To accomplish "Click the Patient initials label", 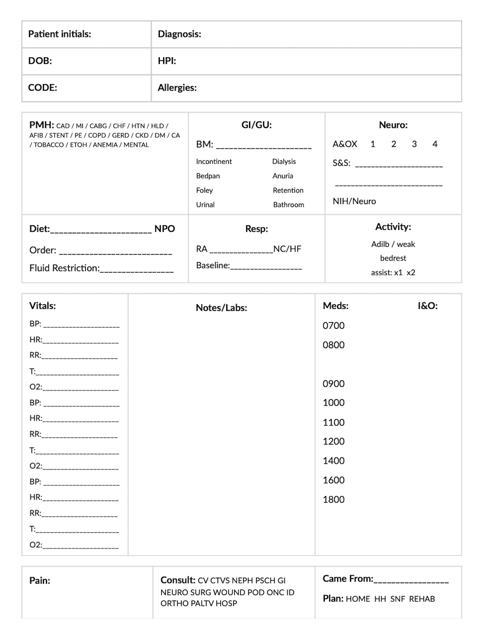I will pyautogui.click(x=59, y=34).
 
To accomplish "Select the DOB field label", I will pyautogui.click(x=40, y=61).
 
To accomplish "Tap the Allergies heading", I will pyautogui.click(x=177, y=88).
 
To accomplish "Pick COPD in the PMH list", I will pyautogui.click(x=97, y=135).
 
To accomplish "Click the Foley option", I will pyautogui.click(x=204, y=190).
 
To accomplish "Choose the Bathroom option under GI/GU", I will pyautogui.click(x=288, y=205).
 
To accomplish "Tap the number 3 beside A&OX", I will pyautogui.click(x=414, y=144).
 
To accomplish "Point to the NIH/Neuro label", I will pyautogui.click(x=354, y=201).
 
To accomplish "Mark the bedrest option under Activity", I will pyautogui.click(x=393, y=258).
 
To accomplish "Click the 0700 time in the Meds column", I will pyautogui.click(x=333, y=326).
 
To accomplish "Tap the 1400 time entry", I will pyautogui.click(x=333, y=461).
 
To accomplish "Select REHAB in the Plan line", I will pyautogui.click(x=422, y=599).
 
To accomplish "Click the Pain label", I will pyautogui.click(x=40, y=580).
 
